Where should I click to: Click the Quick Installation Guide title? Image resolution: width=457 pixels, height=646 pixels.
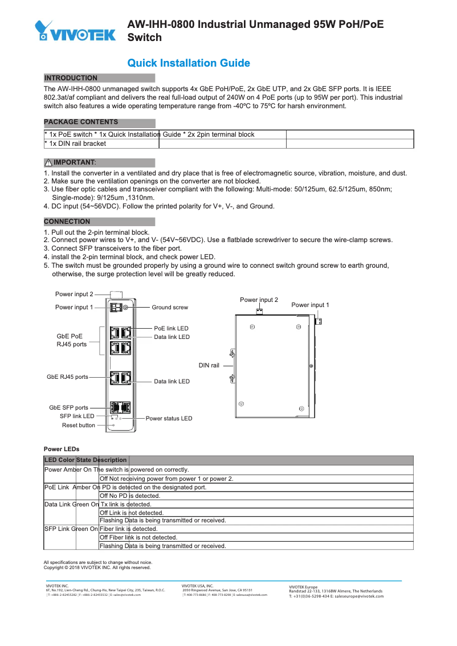click(188, 63)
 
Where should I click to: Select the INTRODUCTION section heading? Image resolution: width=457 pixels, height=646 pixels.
click(71, 78)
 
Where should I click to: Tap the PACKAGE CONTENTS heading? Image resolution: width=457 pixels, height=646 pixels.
click(81, 122)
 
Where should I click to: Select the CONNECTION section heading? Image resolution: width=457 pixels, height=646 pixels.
click(67, 222)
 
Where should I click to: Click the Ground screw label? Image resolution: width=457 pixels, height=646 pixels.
click(169, 308)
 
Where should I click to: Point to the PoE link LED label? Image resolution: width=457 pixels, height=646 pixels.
click(171, 329)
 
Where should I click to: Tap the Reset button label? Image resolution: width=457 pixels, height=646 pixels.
click(79, 426)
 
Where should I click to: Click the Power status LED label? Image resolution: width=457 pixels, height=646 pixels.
click(169, 418)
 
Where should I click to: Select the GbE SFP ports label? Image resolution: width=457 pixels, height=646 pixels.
click(68, 408)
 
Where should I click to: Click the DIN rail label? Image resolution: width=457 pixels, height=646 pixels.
click(209, 365)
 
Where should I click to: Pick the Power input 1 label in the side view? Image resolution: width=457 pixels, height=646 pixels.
click(310, 305)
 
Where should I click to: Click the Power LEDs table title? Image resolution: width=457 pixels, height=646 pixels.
click(62, 449)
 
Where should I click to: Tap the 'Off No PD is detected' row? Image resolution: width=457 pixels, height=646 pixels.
click(130, 496)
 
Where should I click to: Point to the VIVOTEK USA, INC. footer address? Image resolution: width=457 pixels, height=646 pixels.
click(225, 590)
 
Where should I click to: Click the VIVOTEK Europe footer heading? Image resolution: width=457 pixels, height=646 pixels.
click(304, 587)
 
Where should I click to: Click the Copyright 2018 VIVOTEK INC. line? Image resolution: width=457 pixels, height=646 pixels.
click(97, 568)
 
